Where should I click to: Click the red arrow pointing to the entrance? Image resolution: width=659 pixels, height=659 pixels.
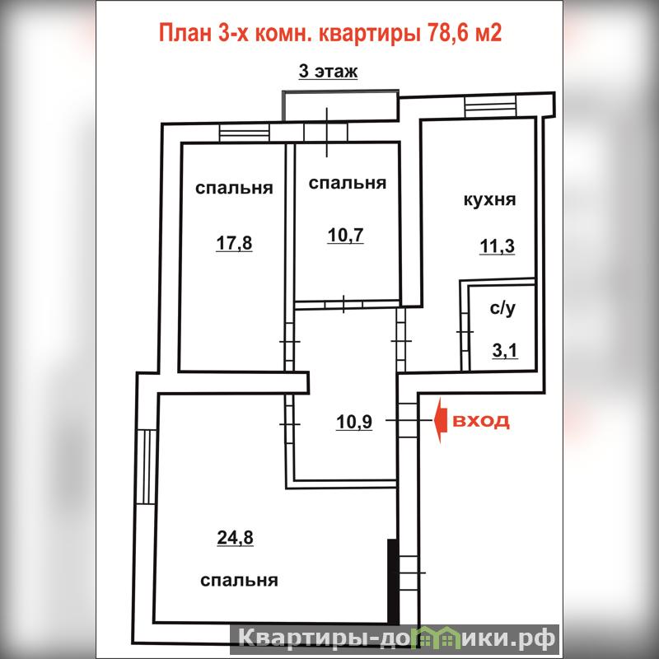tap(439, 420)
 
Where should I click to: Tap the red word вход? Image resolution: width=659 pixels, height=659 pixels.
tap(481, 421)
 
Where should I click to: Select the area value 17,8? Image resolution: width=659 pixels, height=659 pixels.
tap(234, 243)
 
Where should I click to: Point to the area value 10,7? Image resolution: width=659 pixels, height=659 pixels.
tap(345, 236)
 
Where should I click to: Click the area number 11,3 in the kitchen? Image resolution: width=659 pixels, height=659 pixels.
tap(498, 246)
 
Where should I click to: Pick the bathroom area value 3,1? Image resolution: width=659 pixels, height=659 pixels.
tap(505, 350)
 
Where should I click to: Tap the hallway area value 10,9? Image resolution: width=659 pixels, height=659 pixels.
tap(354, 422)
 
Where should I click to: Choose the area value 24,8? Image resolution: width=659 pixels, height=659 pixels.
tap(235, 538)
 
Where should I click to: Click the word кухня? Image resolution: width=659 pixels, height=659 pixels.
tap(489, 199)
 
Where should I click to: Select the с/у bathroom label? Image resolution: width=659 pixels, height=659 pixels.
tap(502, 308)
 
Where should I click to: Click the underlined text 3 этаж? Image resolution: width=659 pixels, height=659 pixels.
tap(328, 72)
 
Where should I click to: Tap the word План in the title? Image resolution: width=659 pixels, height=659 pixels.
tap(185, 33)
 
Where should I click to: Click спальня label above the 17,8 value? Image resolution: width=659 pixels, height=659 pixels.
tap(234, 188)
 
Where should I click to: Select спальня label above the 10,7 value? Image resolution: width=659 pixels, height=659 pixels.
tap(347, 183)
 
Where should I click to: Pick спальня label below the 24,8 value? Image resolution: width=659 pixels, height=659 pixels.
tap(239, 581)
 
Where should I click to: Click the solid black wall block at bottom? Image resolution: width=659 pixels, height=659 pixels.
tap(392, 582)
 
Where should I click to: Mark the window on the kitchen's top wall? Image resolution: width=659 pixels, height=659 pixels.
tap(490, 106)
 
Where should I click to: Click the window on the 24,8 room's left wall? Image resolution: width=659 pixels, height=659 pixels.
tap(147, 466)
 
